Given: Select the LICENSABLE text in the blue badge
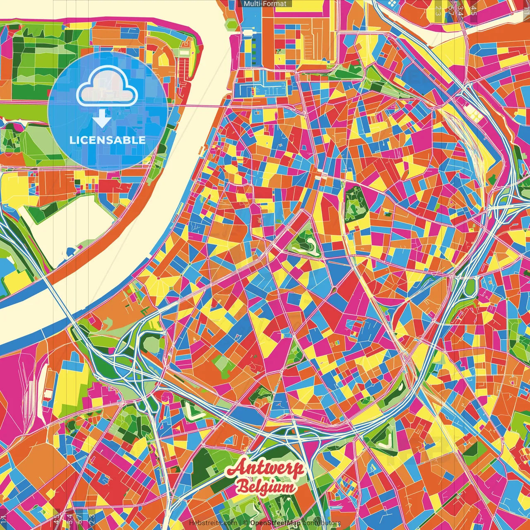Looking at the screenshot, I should point(107,140).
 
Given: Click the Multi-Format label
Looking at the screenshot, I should point(265,4).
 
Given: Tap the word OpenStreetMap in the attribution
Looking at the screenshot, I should point(275,523).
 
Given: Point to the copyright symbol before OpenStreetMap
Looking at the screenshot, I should point(245,523).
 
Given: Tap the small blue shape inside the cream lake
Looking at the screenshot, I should point(70,252).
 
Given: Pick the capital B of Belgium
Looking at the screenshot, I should point(243,487).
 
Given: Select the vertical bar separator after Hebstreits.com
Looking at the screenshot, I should point(241,523).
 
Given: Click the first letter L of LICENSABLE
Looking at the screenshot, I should point(72,140).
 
